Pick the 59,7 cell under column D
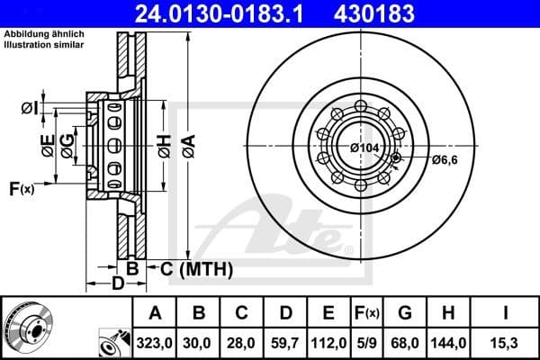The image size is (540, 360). tap(285, 342)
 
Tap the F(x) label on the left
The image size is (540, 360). tap(21, 189)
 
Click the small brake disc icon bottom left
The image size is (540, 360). tap(27, 328)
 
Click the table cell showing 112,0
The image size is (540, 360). tap(328, 342)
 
